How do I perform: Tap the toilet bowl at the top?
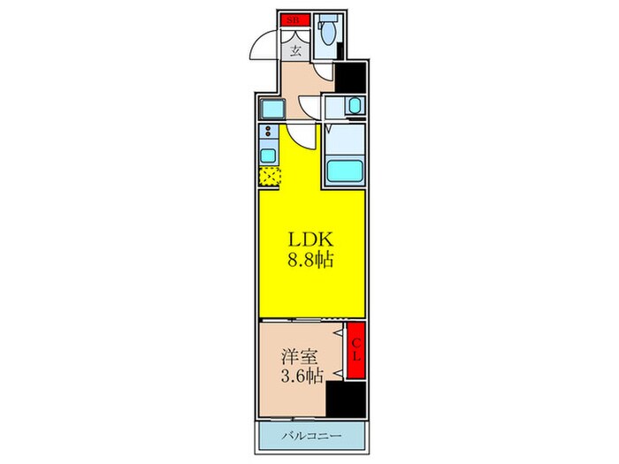(x=329, y=36)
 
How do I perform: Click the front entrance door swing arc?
(x=267, y=44)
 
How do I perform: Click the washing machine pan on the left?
(x=271, y=110)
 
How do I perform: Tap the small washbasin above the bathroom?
(x=352, y=107)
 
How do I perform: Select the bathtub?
(x=345, y=171)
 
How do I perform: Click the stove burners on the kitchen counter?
(x=267, y=135)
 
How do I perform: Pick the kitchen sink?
(x=267, y=156)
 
